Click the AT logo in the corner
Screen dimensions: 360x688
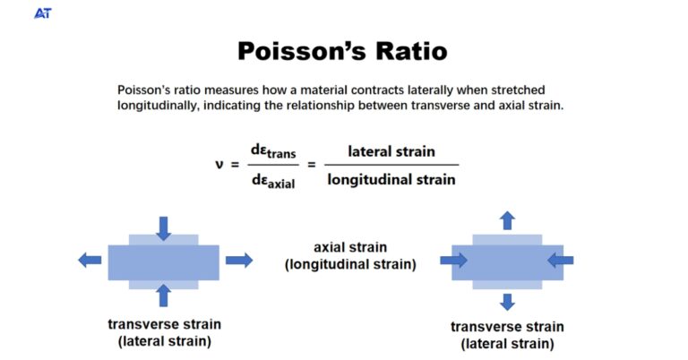coord(42,13)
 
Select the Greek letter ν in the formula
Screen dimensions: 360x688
coord(219,164)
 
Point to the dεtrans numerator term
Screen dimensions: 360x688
coord(272,151)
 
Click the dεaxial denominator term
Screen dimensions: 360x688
coord(272,180)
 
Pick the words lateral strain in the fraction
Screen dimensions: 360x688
coord(391,151)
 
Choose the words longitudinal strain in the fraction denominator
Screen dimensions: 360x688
coord(391,179)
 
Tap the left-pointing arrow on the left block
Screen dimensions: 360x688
coord(90,260)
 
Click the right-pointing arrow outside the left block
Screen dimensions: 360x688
coord(238,260)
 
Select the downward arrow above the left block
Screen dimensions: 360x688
coord(163,227)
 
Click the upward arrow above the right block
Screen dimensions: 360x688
coord(507,220)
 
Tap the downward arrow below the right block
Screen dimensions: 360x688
coord(507,301)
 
